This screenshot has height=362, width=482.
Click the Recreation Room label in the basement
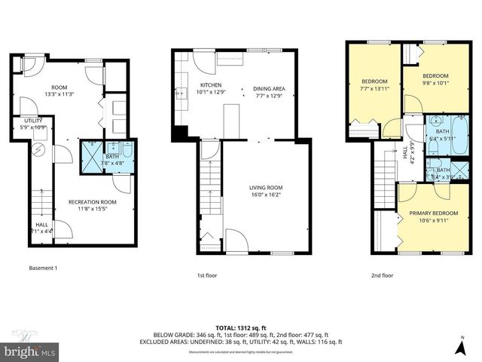coord(92,202)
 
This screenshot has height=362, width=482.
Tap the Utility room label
coord(32,121)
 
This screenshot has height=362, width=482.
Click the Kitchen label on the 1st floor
coord(210,84)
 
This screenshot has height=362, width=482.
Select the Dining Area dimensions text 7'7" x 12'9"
coord(269,96)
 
